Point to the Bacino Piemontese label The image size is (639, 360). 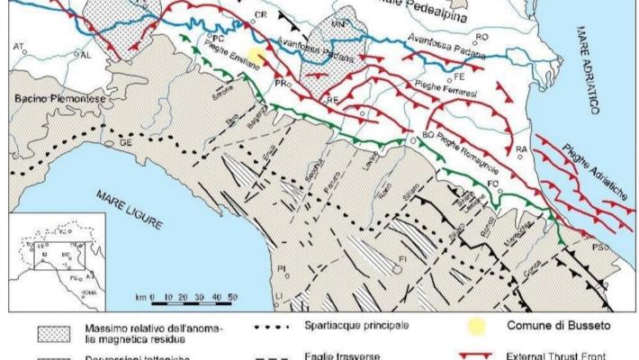tap(43, 93)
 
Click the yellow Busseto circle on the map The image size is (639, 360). tap(257, 57)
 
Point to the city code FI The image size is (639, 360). tap(403, 256)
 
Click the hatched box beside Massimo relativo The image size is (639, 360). tap(56, 331)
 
